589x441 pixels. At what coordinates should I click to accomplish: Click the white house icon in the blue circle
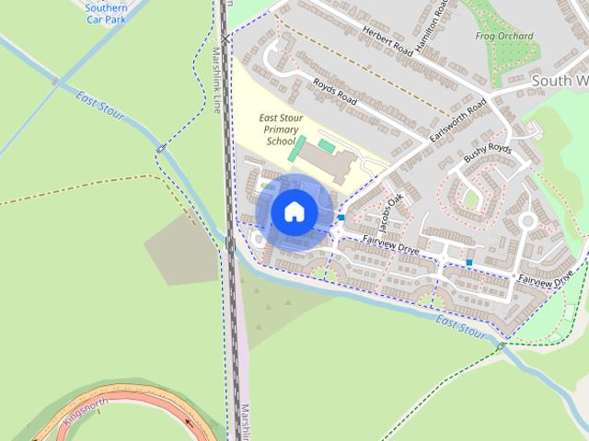(x=294, y=211)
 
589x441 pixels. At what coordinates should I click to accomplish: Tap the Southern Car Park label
(x=106, y=13)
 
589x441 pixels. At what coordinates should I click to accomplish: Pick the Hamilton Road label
(x=433, y=28)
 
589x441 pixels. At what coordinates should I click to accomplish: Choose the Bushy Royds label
(x=487, y=153)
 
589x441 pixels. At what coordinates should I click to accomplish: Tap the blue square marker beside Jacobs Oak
(x=341, y=218)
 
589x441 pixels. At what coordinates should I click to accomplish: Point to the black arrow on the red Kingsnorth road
(x=190, y=424)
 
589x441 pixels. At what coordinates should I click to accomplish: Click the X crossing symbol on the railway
(x=225, y=40)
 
